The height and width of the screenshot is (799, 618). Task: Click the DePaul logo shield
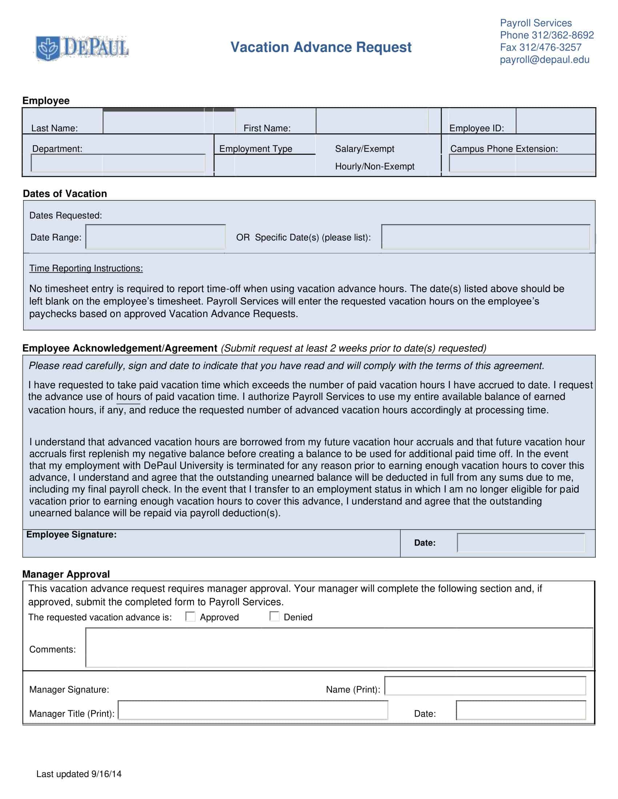click(48, 48)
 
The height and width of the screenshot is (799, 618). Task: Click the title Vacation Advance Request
click(321, 47)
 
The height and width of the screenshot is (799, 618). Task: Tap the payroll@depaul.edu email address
click(545, 60)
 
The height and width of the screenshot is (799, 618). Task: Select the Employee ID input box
click(555, 121)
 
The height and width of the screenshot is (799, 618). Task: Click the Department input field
click(118, 163)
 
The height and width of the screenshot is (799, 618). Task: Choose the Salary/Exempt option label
click(364, 149)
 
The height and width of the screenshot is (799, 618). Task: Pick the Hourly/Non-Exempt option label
click(374, 166)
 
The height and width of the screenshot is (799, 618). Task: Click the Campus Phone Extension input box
click(522, 163)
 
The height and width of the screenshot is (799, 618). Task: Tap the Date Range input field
click(156, 237)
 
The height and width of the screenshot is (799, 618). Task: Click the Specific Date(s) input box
click(485, 237)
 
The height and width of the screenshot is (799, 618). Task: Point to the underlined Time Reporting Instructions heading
click(86, 268)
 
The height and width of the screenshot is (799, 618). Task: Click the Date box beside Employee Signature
click(521, 543)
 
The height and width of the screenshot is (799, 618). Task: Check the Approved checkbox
click(190, 616)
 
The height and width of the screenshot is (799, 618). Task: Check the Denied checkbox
click(274, 616)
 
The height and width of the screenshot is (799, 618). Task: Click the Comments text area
click(339, 648)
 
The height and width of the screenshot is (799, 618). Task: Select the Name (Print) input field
click(485, 686)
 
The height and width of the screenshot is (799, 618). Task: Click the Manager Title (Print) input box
click(253, 710)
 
